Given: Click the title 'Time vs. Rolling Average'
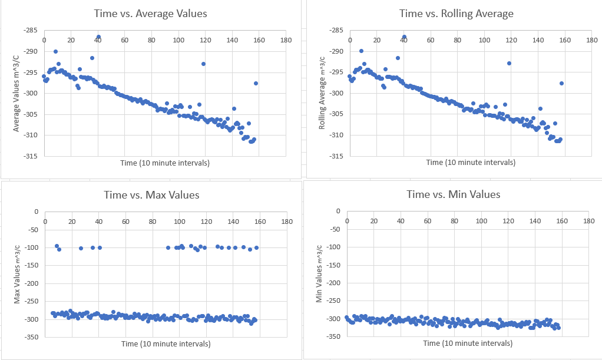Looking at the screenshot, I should click(456, 14).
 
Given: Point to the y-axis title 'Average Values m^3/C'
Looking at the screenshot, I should click(17, 94).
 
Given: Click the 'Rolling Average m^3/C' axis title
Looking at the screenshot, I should click(322, 94).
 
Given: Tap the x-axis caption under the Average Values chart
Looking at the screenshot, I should click(166, 162).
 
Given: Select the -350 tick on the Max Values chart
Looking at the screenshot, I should click(29, 337).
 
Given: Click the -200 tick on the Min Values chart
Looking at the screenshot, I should click(332, 283).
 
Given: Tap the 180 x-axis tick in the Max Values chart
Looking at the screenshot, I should click(286, 222).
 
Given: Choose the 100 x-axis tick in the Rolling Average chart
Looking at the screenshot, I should click(484, 40).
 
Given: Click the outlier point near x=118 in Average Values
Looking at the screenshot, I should click(203, 64).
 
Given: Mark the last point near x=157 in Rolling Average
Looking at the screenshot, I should click(561, 83).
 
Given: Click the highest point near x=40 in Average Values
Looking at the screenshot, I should click(98, 37).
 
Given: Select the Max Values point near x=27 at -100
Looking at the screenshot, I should click(81, 248).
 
